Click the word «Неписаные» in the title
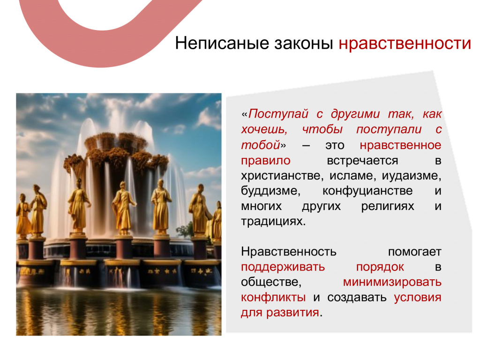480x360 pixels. [222, 43]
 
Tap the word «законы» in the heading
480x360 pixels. [303, 43]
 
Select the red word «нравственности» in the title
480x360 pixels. [405, 43]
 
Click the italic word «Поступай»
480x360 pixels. [278, 114]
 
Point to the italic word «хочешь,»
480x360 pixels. [264, 129]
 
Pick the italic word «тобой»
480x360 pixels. [261, 145]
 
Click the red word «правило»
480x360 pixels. [266, 161]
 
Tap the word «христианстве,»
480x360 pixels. [282, 176]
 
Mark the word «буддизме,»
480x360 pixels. [270, 191]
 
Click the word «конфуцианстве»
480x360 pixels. [367, 191]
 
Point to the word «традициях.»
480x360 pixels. [273, 221]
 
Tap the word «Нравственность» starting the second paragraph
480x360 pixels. [289, 252]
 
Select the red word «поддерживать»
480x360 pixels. [283, 267]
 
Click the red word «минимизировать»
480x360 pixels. [392, 282]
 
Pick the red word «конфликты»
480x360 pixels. [273, 298]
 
